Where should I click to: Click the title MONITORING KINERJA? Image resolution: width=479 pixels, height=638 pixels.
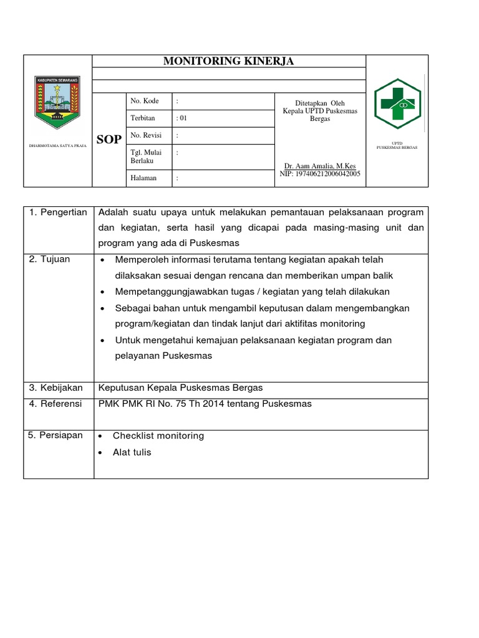point(228,61)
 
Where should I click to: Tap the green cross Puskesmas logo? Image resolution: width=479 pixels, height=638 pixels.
point(397,103)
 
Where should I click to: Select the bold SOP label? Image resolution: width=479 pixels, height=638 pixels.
point(109,140)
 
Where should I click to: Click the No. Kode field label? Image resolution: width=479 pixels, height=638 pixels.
point(145,101)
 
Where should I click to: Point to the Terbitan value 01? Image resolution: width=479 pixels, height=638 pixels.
point(183,118)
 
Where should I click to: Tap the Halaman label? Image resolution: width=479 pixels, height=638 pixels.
point(143,178)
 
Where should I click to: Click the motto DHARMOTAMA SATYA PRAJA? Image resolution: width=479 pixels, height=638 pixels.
point(58,146)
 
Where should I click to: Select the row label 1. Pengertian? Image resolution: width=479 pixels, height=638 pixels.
point(58,212)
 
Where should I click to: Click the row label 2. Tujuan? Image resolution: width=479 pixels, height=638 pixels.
point(50,259)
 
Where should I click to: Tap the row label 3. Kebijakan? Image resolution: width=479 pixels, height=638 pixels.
point(56,388)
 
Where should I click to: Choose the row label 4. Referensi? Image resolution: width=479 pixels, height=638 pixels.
point(56,404)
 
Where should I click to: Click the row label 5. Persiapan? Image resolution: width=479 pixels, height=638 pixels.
point(56,436)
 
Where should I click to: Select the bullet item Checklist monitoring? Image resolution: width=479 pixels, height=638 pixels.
point(158,436)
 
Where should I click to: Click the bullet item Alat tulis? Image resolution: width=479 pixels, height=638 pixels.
point(132,452)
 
